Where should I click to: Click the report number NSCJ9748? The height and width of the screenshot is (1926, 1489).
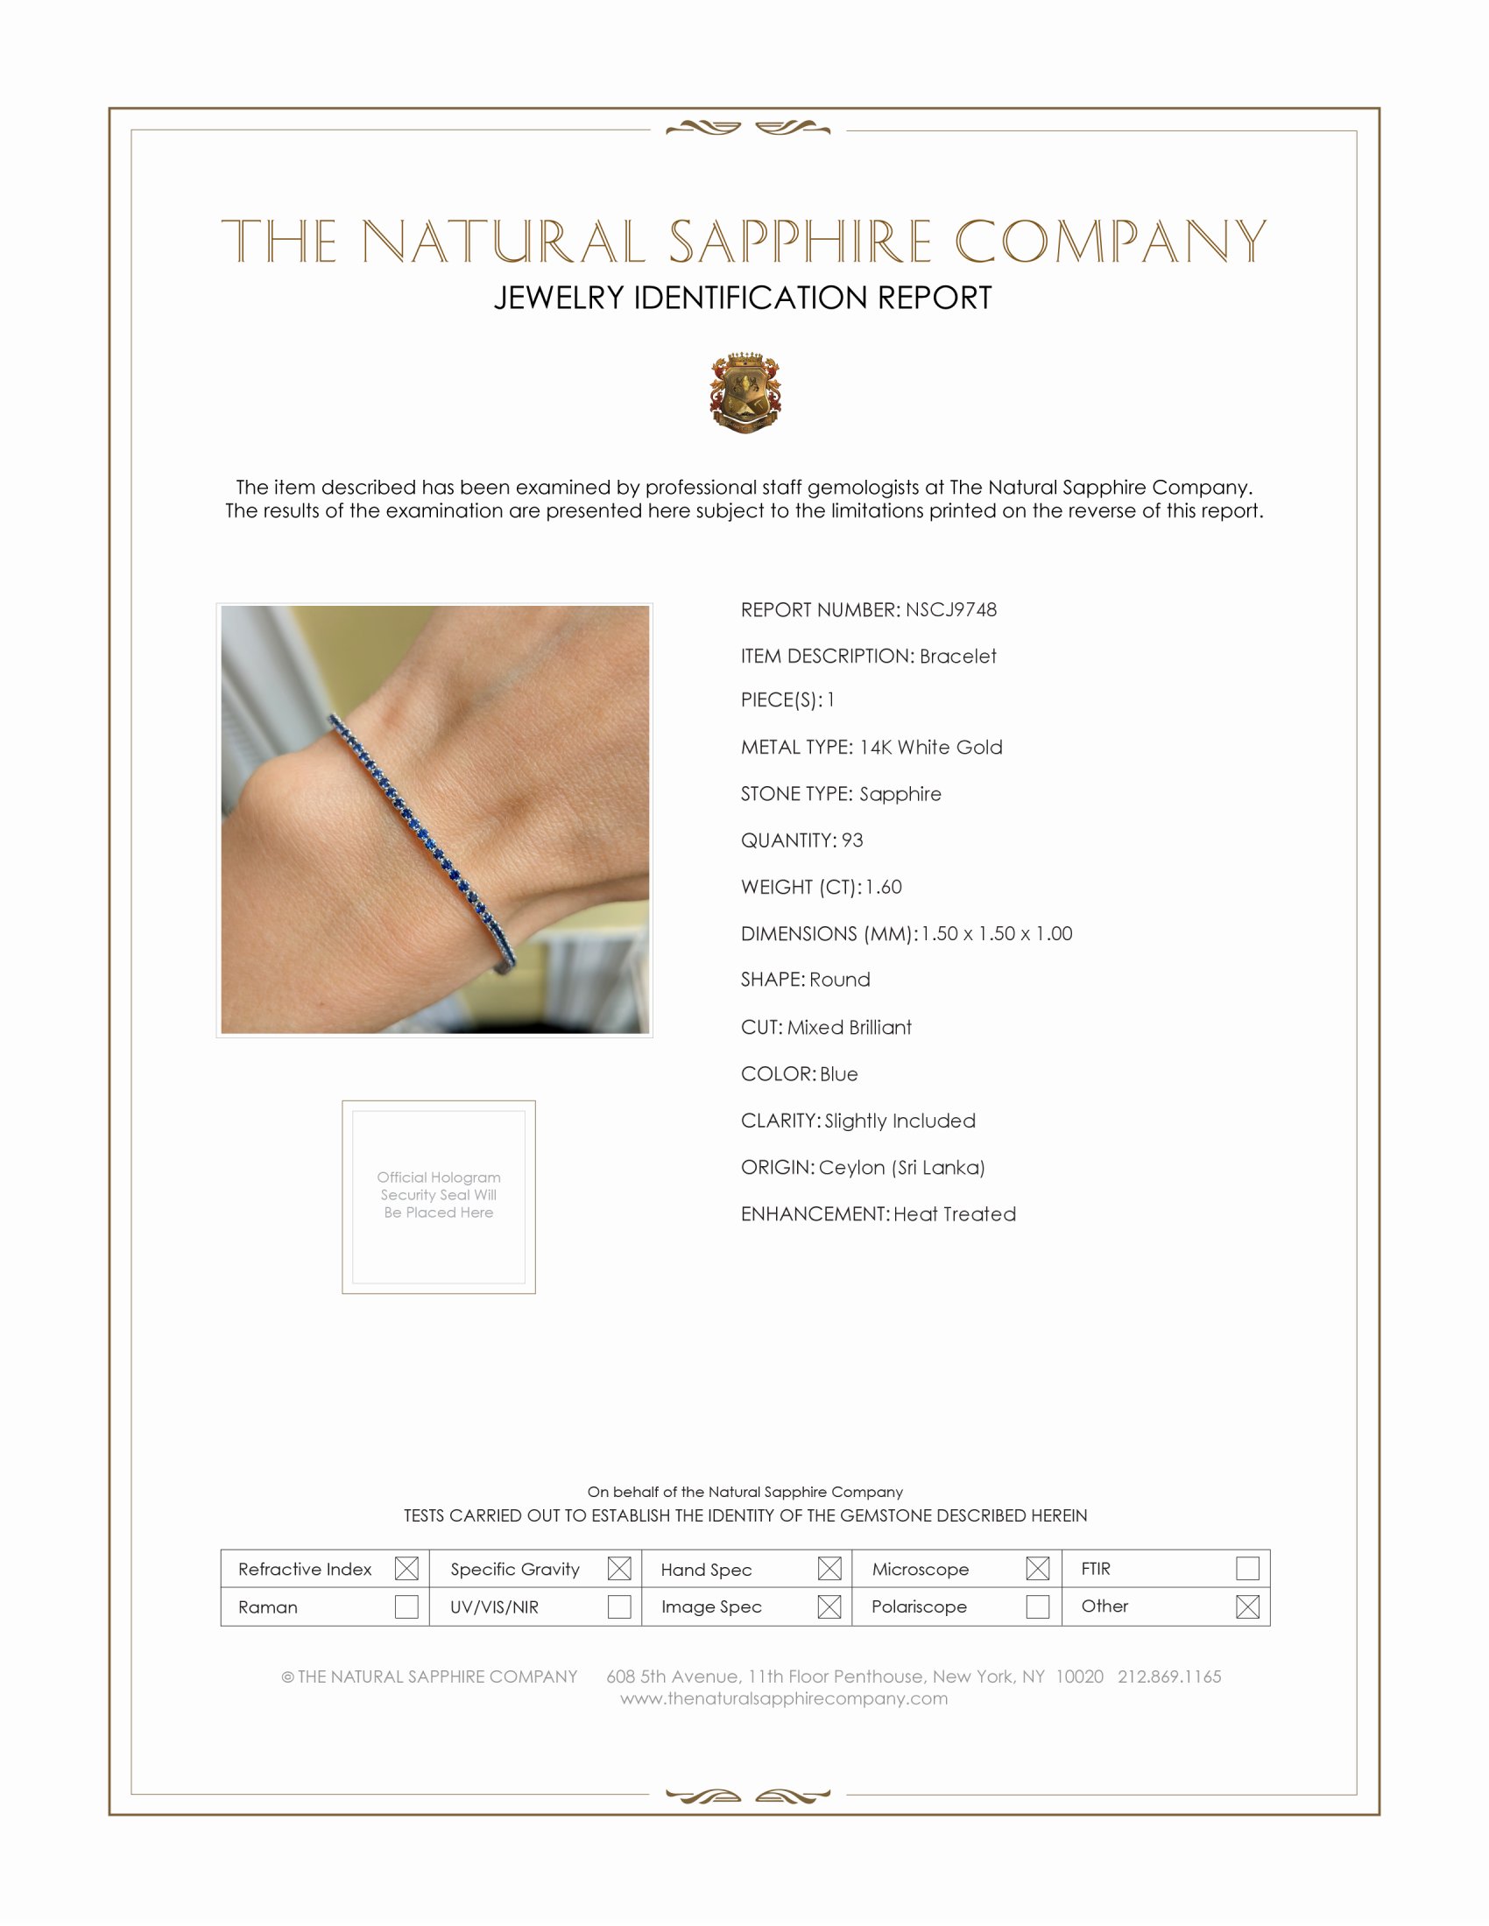tap(950, 609)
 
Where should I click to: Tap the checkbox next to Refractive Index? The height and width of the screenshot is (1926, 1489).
tap(406, 1568)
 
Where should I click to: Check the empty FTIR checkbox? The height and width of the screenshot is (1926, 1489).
tap(1247, 1568)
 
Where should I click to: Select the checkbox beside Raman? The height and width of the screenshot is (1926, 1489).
tap(406, 1606)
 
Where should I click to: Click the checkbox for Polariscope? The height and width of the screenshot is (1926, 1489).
tap(1037, 1606)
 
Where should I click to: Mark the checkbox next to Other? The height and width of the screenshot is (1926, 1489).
tap(1247, 1606)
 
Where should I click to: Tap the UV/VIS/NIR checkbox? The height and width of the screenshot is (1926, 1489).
tap(619, 1606)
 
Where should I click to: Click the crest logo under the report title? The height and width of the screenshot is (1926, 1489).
tap(745, 392)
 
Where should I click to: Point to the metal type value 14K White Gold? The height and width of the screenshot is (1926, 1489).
tap(930, 747)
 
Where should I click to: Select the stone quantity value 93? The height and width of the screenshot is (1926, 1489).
tap(852, 840)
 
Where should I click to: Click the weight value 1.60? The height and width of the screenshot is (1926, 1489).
tap(883, 887)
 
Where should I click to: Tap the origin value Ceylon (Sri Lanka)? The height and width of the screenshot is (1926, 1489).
tap(901, 1168)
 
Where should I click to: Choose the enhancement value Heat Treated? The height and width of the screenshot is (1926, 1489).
tap(955, 1214)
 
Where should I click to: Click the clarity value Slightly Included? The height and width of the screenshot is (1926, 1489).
tap(900, 1121)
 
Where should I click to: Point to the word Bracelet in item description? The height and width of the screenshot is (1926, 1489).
tap(958, 656)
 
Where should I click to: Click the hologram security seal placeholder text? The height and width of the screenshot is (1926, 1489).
tap(439, 1195)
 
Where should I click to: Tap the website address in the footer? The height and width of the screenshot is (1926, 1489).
tap(783, 1698)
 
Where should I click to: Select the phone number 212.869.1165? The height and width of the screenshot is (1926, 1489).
tap(1168, 1676)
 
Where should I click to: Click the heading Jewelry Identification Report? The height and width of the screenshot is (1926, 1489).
tap(743, 298)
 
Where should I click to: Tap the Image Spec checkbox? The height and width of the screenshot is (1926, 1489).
tap(829, 1606)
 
